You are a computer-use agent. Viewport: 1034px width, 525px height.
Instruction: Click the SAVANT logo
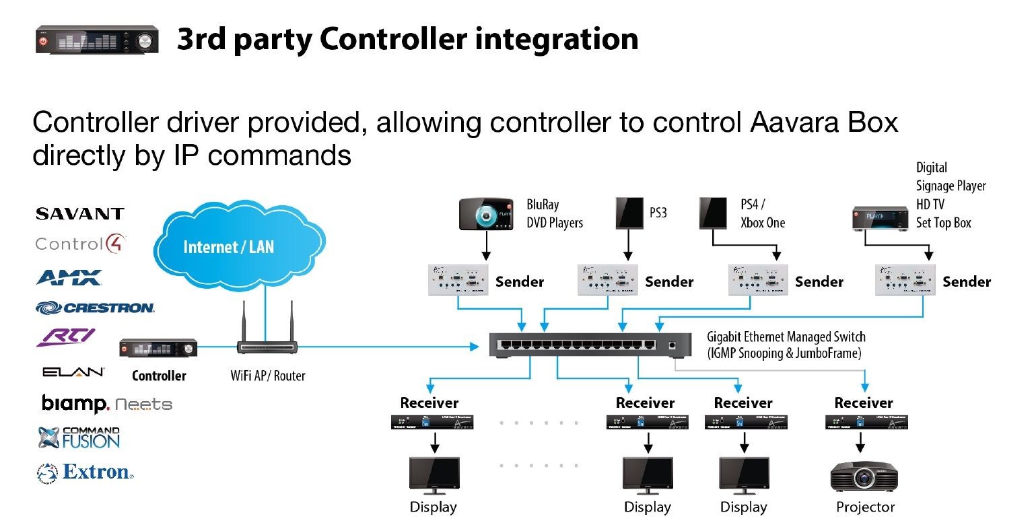tap(79, 214)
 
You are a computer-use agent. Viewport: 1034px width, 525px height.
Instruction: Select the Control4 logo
tap(81, 244)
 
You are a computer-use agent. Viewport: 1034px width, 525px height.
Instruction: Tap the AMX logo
tap(69, 277)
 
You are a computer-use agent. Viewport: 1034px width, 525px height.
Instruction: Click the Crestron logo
tap(95, 308)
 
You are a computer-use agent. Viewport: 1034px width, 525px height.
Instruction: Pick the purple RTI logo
tap(65, 337)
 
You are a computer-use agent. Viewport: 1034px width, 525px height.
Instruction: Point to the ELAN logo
tap(73, 372)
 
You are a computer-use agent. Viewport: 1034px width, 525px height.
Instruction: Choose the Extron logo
tap(85, 473)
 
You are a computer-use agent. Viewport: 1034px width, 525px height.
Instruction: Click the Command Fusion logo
tap(79, 438)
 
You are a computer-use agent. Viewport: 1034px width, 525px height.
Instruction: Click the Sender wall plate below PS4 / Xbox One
tap(757, 280)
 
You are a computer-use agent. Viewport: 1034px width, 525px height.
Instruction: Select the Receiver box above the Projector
tap(864, 423)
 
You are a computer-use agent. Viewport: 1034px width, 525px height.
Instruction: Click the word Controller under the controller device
tap(159, 376)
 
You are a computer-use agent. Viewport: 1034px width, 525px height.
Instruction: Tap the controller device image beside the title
tap(97, 40)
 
